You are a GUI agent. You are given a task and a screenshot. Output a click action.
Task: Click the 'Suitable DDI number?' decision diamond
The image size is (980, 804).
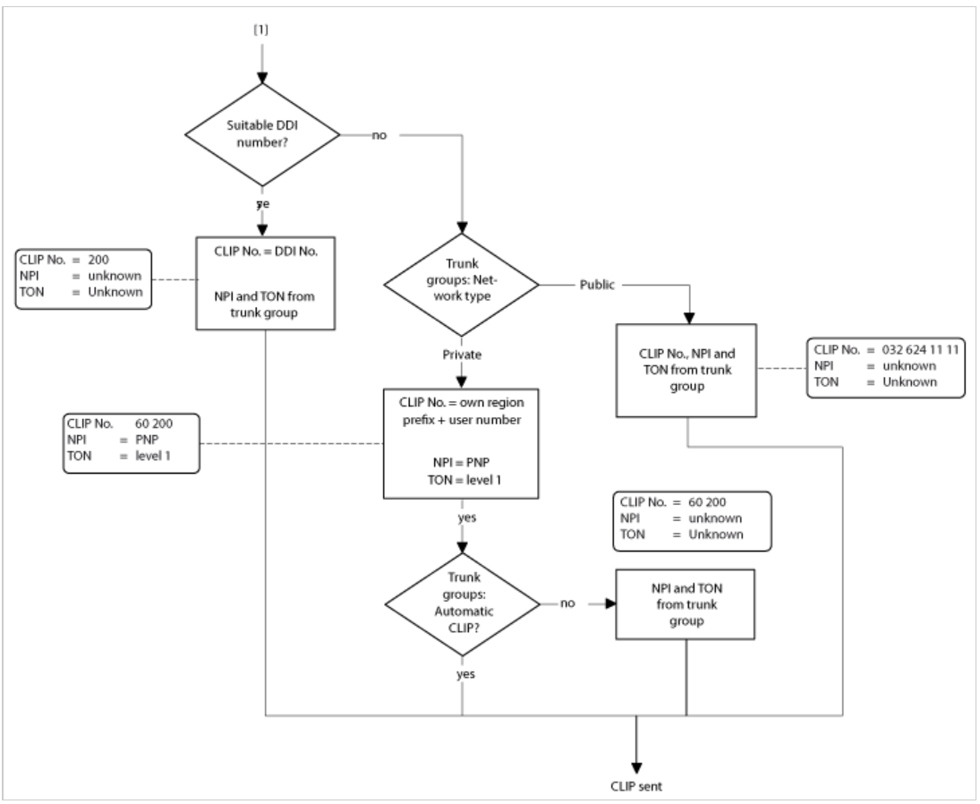coord(261,136)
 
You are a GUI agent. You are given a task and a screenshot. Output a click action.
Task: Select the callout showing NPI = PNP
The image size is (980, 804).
coord(129,442)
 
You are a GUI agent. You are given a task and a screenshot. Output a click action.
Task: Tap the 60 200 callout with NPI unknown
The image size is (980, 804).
coord(692,520)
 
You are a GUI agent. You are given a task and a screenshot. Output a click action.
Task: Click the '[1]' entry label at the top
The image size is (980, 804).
coord(261,30)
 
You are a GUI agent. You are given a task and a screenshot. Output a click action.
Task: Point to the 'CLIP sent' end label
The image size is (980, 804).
coord(636,785)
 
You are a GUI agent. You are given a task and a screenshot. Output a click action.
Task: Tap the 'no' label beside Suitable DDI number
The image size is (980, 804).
coord(379,136)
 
